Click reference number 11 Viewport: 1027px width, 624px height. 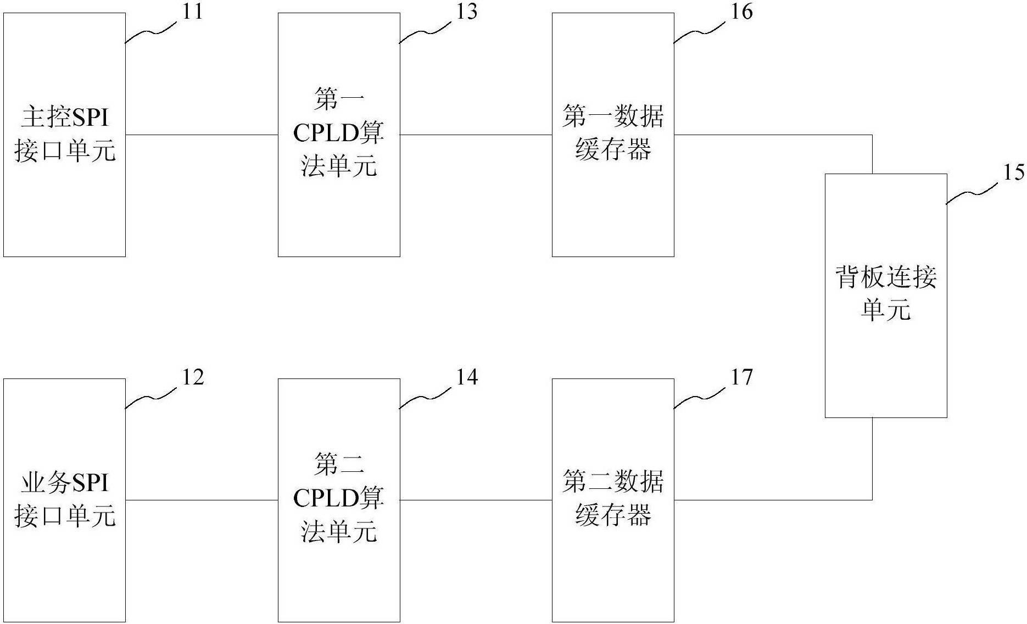[x=192, y=12]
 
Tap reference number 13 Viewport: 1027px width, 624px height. [x=466, y=12]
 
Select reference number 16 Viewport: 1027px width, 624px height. [x=741, y=12]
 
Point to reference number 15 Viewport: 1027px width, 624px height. [x=1013, y=173]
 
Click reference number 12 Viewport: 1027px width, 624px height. [x=192, y=377]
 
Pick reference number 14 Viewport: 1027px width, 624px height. [x=466, y=377]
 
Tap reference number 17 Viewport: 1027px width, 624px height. [x=741, y=377]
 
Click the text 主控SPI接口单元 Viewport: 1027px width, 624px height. [x=65, y=135]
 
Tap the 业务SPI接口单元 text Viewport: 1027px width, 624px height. [x=65, y=500]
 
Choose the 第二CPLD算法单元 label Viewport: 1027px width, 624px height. [x=339, y=499]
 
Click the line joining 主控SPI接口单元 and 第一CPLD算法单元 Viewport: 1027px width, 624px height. [x=202, y=135]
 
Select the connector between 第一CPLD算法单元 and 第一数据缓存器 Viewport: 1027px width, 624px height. [x=476, y=135]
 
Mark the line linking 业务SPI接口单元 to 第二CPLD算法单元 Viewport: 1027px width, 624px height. [x=202, y=500]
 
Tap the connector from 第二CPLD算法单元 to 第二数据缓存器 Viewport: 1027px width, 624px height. [x=476, y=500]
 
